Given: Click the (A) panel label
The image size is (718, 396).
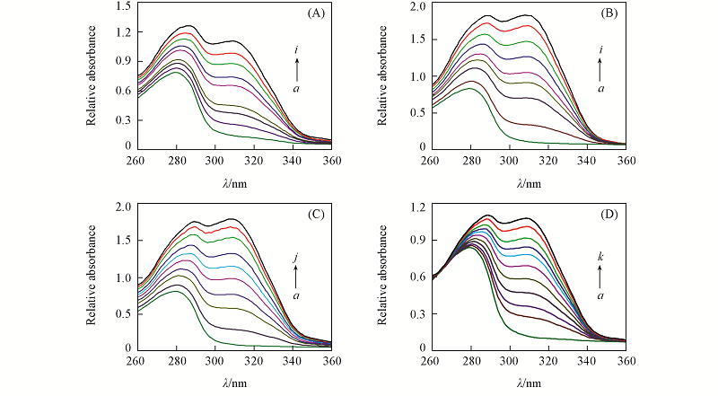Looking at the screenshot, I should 316,13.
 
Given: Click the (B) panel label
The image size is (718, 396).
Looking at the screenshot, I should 610,13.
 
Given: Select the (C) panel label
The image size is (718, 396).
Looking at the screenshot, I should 316,216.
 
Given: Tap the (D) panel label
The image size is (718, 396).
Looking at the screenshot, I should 610,216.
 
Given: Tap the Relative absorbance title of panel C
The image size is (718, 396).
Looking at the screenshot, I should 95,277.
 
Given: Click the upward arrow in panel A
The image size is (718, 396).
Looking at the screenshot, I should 296,68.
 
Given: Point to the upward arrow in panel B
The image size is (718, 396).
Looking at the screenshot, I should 600,68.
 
